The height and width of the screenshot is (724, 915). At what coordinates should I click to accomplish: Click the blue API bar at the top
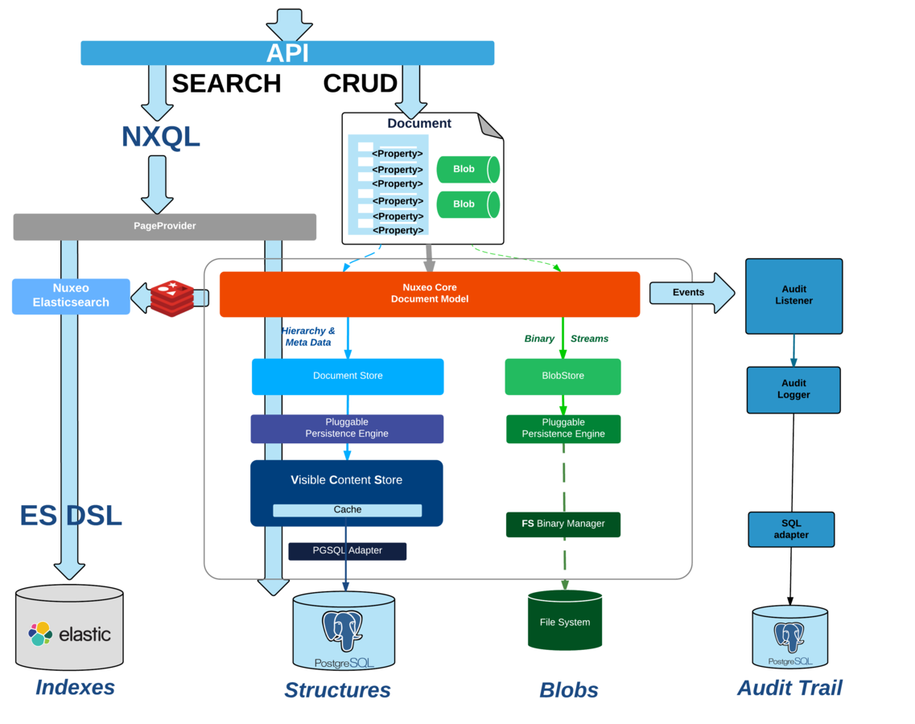pos(287,53)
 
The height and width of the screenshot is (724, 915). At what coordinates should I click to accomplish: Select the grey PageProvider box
pos(164,226)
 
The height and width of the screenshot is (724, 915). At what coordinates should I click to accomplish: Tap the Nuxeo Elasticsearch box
pos(71,296)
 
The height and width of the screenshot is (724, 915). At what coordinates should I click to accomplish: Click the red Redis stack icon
pos(171,298)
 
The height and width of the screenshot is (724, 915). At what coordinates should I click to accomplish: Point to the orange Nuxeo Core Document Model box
pos(429,294)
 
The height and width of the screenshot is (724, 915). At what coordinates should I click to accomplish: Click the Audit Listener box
pos(793,295)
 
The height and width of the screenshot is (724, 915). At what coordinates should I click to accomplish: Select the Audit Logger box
pos(793,389)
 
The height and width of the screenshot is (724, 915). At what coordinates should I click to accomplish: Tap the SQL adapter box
pos(791,529)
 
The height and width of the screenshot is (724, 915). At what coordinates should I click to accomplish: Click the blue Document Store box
pos(348,376)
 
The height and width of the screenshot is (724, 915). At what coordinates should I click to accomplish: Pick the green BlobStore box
pos(563,376)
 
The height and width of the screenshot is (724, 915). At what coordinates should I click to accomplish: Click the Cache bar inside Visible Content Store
pos(347,510)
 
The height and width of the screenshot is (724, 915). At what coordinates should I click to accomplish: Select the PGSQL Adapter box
pos(347,551)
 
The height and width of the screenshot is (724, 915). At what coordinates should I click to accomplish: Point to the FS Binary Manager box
pos(563,524)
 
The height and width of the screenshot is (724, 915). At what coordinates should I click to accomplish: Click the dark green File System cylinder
pos(564,621)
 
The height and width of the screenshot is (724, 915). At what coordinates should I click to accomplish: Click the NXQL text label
pos(160,137)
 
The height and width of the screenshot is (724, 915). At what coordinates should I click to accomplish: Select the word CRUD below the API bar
pos(360,84)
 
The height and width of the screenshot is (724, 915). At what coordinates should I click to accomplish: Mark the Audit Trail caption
pos(789,688)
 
